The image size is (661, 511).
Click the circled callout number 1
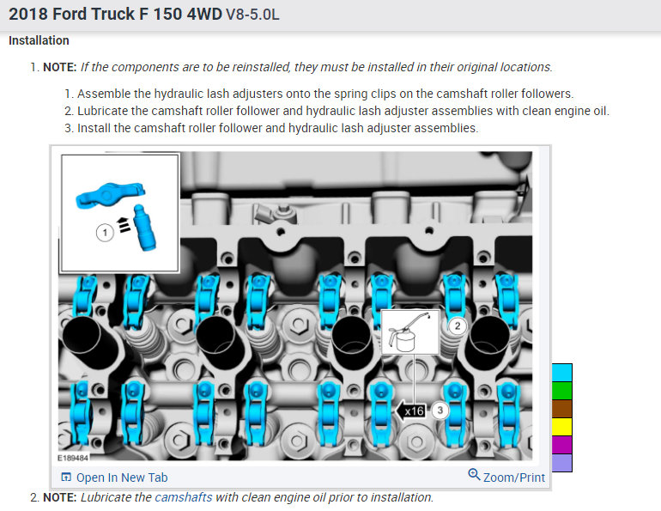[x=105, y=233]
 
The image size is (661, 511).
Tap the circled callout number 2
[x=457, y=325]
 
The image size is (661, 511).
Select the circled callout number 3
[x=440, y=411]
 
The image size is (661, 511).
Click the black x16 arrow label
[x=410, y=411]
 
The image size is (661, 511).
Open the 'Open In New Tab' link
[x=114, y=478]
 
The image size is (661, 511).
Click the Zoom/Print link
[x=506, y=477]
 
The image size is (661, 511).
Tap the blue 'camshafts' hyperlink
[x=184, y=497]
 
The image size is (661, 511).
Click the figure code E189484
[x=73, y=458]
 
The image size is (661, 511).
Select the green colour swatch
[x=562, y=391]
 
